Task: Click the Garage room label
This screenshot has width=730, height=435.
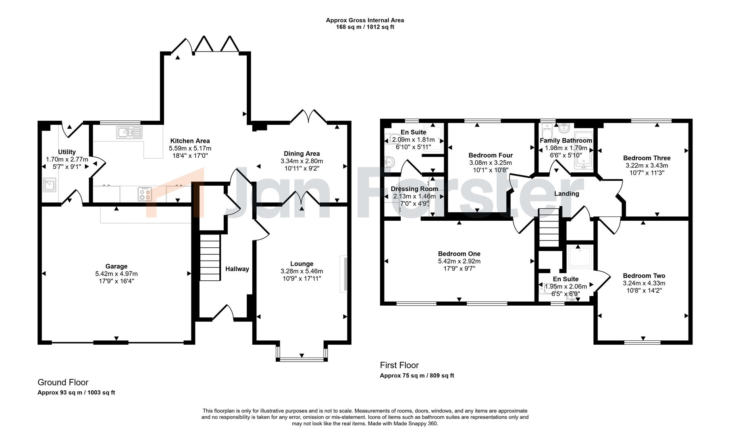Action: coord(116,266)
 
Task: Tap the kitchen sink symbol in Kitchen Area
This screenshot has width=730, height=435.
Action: coord(129,132)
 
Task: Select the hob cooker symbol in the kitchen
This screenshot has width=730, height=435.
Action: coord(145,194)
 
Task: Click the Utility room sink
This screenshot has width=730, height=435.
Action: coord(50,186)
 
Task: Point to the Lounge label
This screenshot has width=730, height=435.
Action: coord(302,264)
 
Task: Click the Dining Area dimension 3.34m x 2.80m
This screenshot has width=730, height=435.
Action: coord(302,161)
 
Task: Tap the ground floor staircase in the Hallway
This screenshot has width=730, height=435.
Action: coord(210,258)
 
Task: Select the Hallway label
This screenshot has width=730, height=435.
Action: coord(237,269)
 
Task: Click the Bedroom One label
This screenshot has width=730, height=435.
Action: coord(459,254)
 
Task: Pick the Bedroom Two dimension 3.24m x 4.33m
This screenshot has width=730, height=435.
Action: coord(644,283)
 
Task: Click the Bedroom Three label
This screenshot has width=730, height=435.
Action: coord(647,158)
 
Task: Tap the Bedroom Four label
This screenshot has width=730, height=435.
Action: coord(491,155)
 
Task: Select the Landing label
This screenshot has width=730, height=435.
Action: coord(566,194)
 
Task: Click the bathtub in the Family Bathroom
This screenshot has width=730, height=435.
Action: coord(583,149)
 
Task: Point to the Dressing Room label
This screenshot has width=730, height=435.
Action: coord(414,189)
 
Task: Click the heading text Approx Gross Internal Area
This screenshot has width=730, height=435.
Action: coord(365,20)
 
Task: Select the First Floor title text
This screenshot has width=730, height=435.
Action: coord(399,365)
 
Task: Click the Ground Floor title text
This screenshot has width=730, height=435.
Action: coord(63,382)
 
